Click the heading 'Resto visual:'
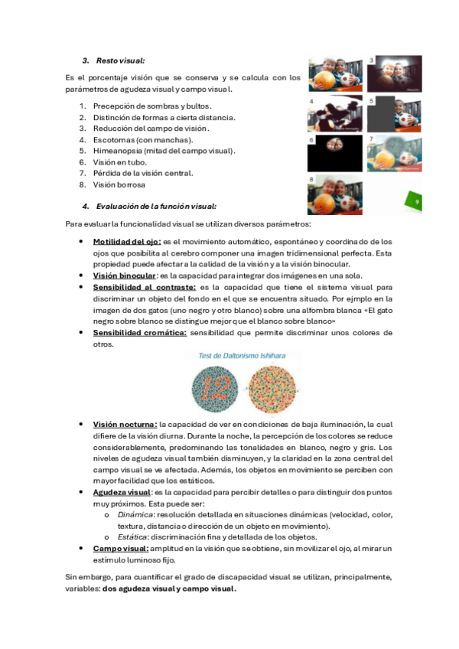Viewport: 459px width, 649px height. [x=120, y=60]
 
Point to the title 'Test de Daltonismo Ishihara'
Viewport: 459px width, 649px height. [x=242, y=356]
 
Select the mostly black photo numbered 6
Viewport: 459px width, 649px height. [x=335, y=153]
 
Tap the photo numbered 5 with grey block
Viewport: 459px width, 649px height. [x=394, y=114]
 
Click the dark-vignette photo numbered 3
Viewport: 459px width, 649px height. [x=394, y=74]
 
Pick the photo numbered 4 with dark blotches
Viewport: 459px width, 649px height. [x=335, y=114]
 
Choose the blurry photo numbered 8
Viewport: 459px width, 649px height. [x=335, y=194]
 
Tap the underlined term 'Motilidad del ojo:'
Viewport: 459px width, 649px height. [x=127, y=241]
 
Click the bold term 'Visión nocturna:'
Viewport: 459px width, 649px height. [x=125, y=425]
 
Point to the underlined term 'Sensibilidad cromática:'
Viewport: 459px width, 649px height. [x=140, y=333]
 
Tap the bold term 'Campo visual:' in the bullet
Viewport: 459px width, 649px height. [x=121, y=549]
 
